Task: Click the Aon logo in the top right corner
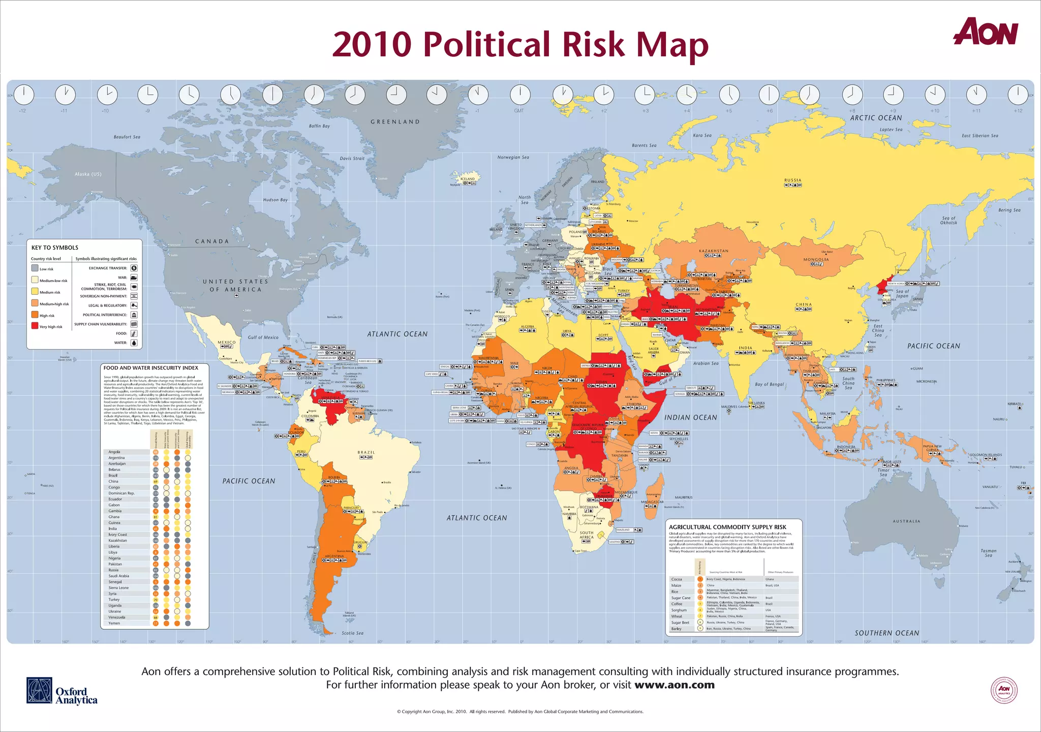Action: (x=985, y=32)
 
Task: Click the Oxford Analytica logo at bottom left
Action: (x=62, y=691)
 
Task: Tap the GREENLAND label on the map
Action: (x=395, y=122)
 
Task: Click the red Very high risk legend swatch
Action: (x=35, y=326)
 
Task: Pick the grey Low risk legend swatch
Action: (x=35, y=268)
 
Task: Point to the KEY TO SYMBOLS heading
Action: (x=55, y=248)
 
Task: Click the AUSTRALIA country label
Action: (x=906, y=521)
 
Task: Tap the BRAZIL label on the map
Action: (x=366, y=452)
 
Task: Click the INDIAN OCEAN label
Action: (x=691, y=417)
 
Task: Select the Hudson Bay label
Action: (x=275, y=200)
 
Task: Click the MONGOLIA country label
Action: (x=816, y=259)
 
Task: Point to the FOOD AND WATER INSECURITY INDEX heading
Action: (x=151, y=368)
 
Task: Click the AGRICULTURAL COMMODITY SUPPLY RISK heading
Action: (x=727, y=527)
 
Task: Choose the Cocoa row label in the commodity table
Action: (x=677, y=579)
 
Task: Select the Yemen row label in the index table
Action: (x=114, y=623)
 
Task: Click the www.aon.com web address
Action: (x=675, y=685)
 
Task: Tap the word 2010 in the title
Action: (x=371, y=45)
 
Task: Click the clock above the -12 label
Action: (x=23, y=95)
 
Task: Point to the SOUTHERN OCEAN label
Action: (x=887, y=633)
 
